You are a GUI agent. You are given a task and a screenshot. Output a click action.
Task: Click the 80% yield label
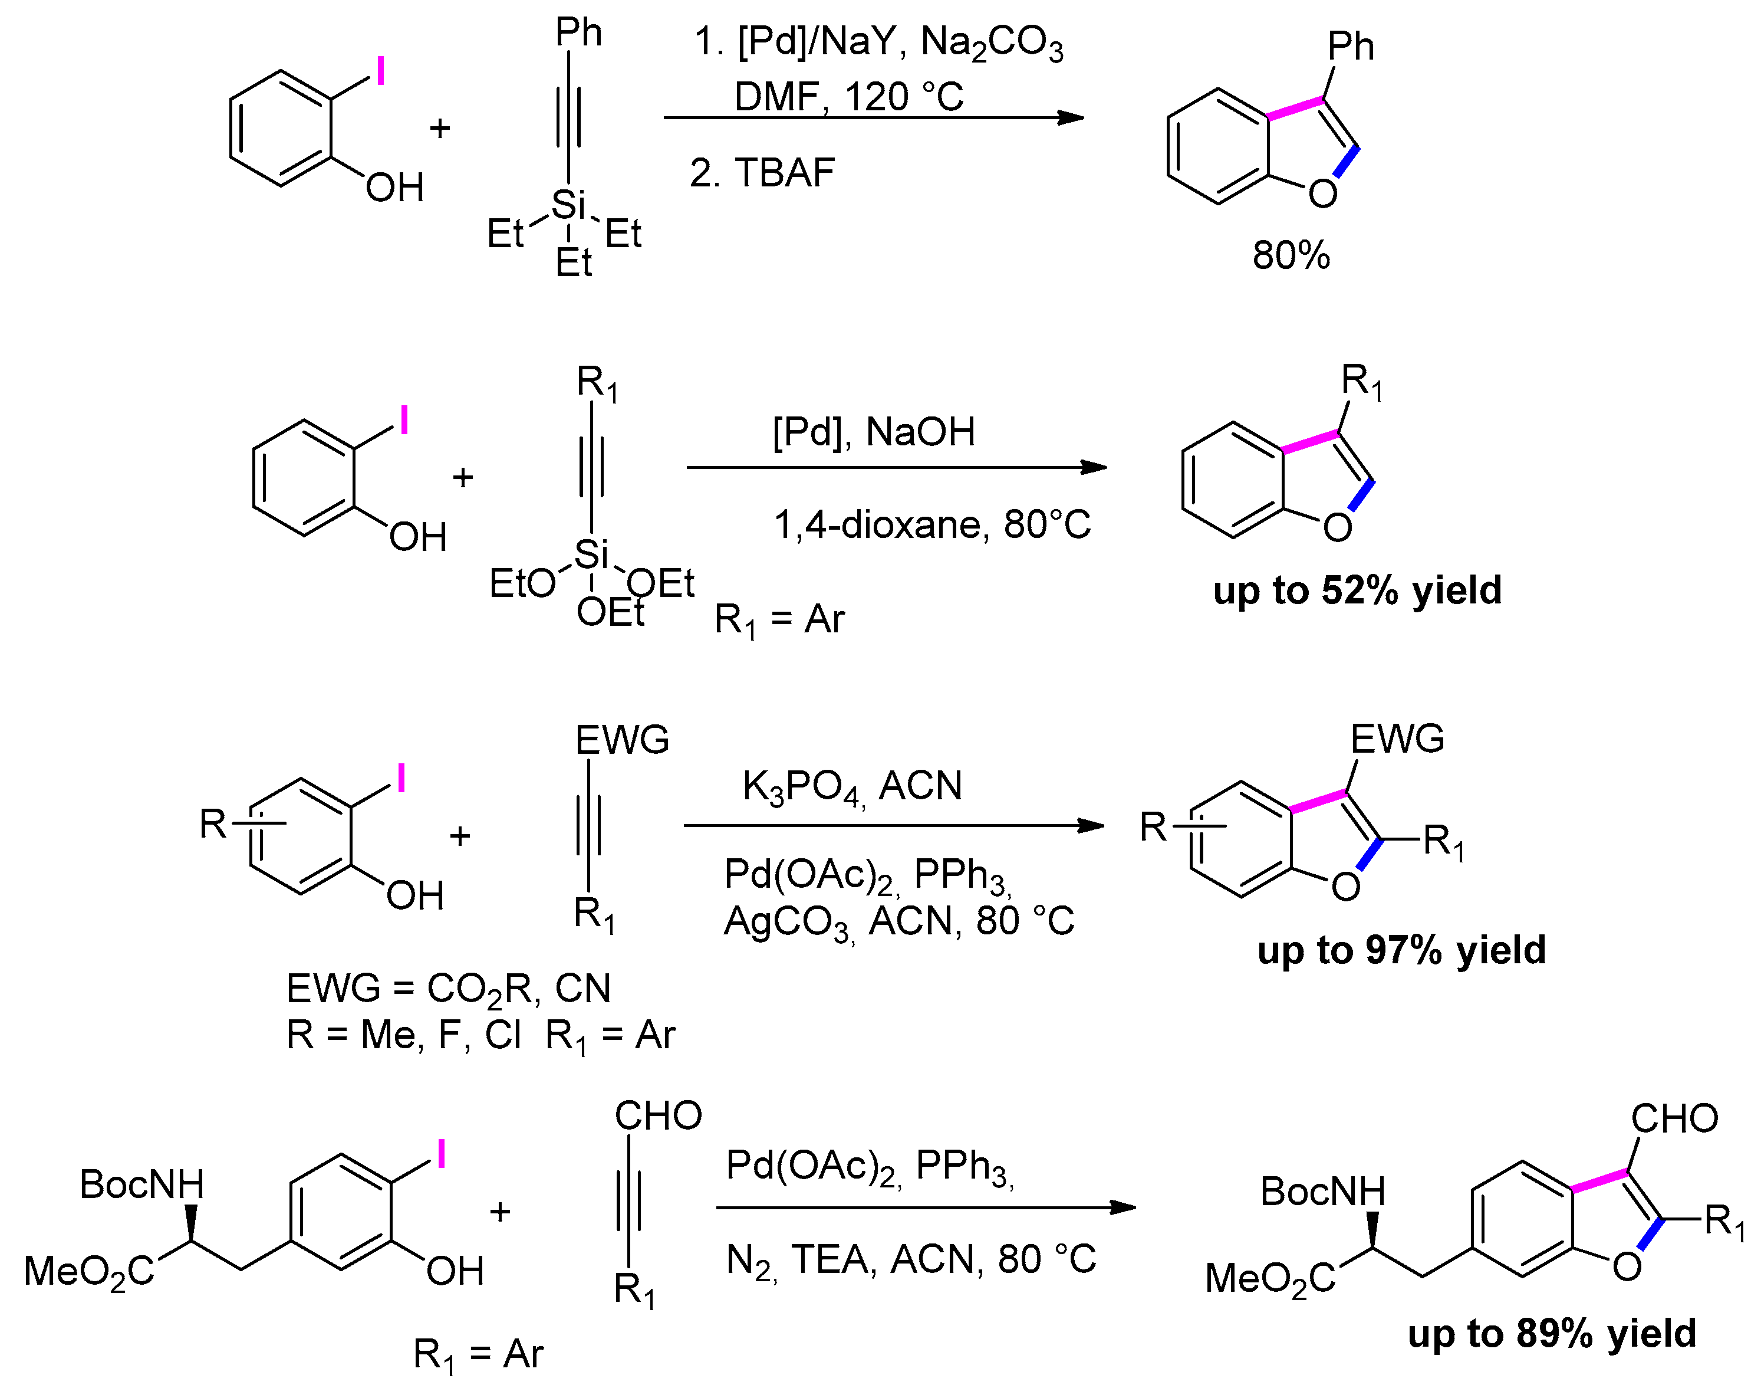[x=1291, y=256]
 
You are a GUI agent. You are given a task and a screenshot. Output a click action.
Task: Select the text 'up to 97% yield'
[x=1401, y=950]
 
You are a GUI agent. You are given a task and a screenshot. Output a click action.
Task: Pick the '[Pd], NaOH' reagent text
[x=874, y=431]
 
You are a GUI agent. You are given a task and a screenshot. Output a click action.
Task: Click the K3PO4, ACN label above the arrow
[x=852, y=786]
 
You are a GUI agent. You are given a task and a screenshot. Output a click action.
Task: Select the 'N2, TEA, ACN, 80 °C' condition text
[x=911, y=1259]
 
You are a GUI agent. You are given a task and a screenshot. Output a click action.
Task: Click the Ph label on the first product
[x=1350, y=47]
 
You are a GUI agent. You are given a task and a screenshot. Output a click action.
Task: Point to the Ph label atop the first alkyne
[x=578, y=32]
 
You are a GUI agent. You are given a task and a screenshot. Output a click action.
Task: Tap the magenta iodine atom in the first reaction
[x=380, y=71]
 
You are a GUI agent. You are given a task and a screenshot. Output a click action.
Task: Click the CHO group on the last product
[x=1674, y=1118]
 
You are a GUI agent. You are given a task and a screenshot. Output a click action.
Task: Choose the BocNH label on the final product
[x=1322, y=1192]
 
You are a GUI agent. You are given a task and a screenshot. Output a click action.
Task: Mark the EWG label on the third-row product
[x=1397, y=739]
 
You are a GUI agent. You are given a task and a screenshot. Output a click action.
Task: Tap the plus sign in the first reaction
[x=439, y=127]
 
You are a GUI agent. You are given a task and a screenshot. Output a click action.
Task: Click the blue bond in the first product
[x=1346, y=161]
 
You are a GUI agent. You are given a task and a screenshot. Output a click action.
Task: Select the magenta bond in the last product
[x=1599, y=1181]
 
